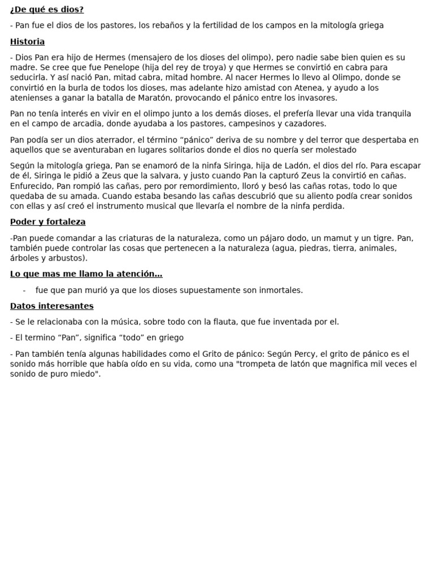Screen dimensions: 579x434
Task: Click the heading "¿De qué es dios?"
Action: point(47,10)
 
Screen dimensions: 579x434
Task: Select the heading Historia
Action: point(27,42)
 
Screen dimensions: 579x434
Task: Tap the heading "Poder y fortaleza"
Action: point(48,222)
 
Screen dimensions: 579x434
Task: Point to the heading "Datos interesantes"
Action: point(52,306)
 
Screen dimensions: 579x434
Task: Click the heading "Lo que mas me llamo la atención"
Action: point(86,274)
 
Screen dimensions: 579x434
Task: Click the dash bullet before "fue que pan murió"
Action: point(24,290)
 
